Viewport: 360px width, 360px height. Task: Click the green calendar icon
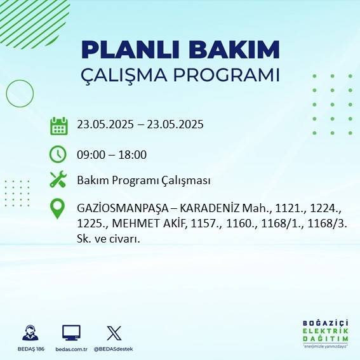58,126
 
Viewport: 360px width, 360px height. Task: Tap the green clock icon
58,154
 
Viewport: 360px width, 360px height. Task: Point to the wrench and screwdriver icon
58,180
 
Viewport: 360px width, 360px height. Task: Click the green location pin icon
58,209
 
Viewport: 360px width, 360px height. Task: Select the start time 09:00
90,154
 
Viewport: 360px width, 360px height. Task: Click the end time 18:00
133,154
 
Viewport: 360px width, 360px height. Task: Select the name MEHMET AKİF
147,223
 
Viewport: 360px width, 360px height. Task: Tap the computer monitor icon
71,333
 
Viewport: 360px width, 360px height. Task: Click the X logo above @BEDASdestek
114,333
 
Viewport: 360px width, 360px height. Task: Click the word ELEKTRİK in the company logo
326,331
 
